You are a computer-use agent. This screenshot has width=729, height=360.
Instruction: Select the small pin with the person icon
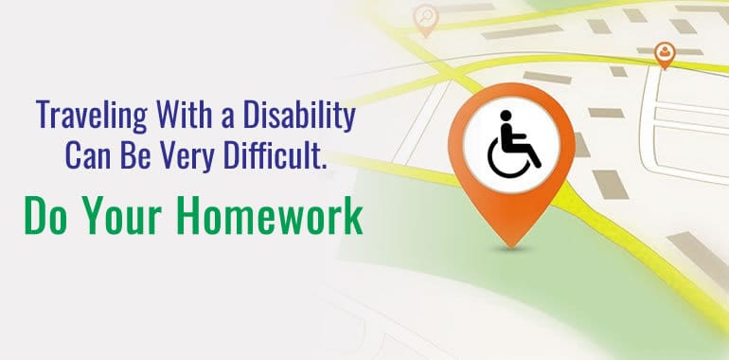pyautogui.click(x=666, y=53)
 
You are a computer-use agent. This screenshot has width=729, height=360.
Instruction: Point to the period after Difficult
pyautogui.click(x=324, y=165)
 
